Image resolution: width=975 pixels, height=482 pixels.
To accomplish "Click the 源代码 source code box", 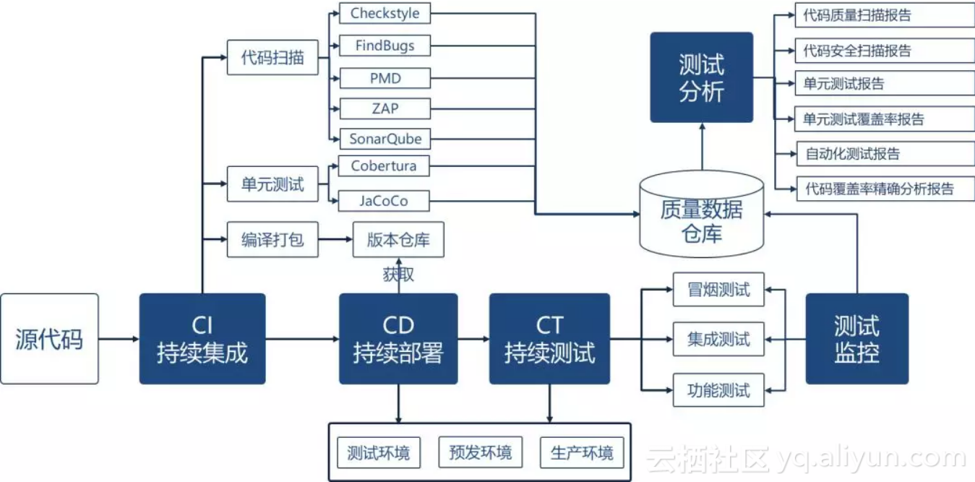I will (x=49, y=338).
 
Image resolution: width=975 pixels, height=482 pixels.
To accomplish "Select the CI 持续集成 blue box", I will (x=202, y=338).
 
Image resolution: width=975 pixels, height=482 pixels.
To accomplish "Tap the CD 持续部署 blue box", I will (x=398, y=338).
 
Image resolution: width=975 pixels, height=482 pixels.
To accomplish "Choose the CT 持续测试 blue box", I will (x=549, y=338).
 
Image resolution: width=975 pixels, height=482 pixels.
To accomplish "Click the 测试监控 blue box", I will (x=856, y=338).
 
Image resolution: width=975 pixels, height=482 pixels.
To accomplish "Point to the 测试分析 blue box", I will (x=701, y=77).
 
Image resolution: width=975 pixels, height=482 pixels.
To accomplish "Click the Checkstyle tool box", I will (x=385, y=14).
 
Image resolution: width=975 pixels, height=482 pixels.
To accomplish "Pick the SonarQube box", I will (x=385, y=138).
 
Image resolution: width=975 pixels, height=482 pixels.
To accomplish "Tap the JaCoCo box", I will (x=384, y=200).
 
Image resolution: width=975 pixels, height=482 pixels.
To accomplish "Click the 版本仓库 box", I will (x=398, y=240).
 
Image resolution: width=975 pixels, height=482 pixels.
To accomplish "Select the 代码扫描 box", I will (x=272, y=58).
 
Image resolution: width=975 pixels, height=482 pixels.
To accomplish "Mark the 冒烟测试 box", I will (x=718, y=290).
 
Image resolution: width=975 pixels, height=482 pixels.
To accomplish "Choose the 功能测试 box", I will (x=718, y=390).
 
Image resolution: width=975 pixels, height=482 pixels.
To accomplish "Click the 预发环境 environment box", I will (x=480, y=452).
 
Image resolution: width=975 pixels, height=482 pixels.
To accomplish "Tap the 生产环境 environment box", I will (x=582, y=452).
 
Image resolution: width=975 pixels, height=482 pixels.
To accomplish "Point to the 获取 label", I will (x=398, y=275).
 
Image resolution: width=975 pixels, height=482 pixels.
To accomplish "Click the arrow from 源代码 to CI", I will (x=119, y=338).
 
